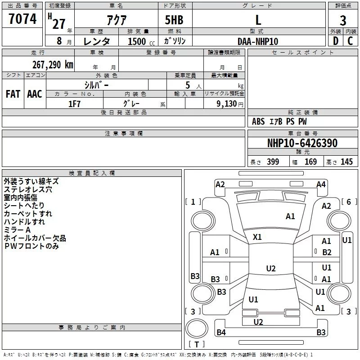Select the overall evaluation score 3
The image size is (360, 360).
[343, 20]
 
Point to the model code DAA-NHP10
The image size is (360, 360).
[258, 41]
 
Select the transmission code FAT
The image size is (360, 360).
[13, 94]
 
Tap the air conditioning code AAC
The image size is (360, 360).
[34, 94]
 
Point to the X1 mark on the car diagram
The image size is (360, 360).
[257, 237]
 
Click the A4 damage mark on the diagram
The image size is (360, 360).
[321, 184]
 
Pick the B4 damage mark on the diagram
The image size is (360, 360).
[221, 333]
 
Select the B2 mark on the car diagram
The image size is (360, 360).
[327, 252]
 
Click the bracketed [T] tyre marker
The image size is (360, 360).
[196, 344]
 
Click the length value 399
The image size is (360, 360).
[273, 162]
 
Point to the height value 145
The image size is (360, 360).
[346, 162]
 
